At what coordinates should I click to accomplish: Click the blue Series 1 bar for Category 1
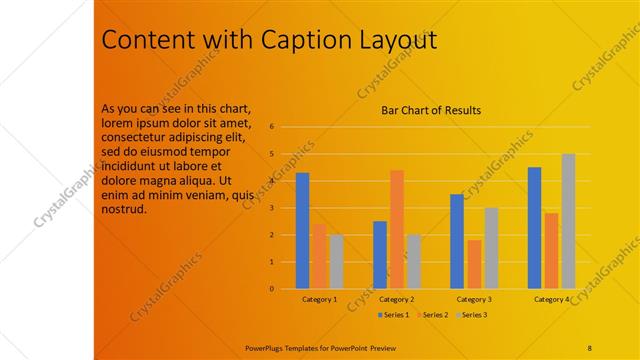(x=302, y=231)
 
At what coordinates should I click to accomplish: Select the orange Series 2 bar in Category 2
(x=397, y=230)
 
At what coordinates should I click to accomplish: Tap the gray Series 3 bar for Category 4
(x=568, y=222)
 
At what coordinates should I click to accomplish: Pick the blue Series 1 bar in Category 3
(x=457, y=242)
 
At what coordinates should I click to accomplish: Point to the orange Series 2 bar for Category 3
(x=474, y=265)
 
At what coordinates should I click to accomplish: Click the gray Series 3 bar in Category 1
(x=336, y=262)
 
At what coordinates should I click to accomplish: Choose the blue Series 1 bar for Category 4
(x=534, y=228)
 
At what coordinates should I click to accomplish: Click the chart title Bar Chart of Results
(x=432, y=110)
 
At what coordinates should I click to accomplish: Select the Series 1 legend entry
(x=393, y=315)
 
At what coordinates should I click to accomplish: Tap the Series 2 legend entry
(x=432, y=315)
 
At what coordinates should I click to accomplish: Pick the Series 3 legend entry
(x=472, y=315)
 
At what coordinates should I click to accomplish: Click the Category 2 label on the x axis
(x=397, y=299)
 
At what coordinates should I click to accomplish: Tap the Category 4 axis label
(x=551, y=299)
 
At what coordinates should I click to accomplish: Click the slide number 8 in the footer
(x=590, y=347)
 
